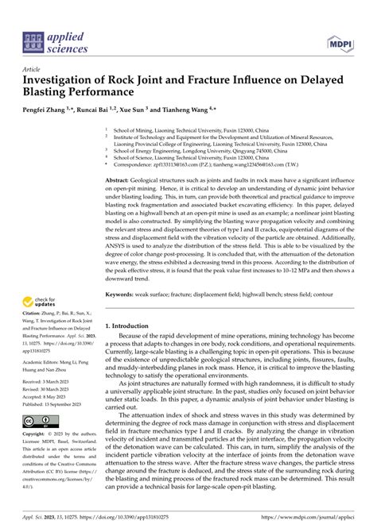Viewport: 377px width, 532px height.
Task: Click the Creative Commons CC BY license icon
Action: pos(41,420)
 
